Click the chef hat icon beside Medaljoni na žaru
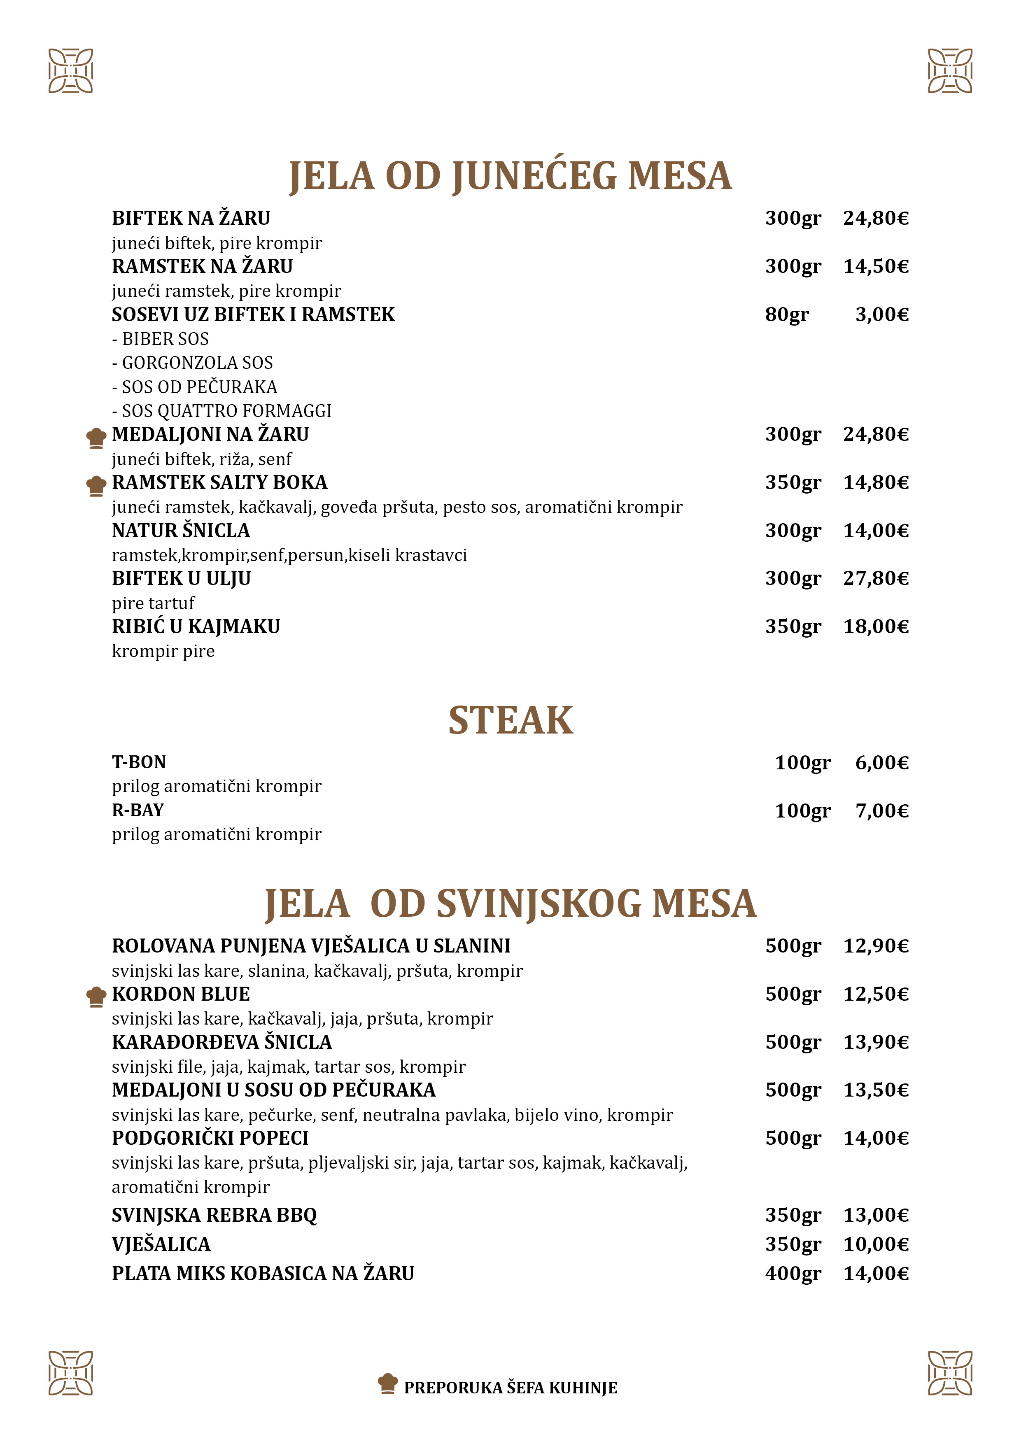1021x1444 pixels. click(96, 438)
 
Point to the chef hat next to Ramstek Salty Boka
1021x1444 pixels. click(96, 486)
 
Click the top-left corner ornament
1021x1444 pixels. click(70, 70)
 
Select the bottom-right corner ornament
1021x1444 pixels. click(950, 1372)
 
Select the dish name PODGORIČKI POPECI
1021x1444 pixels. click(210, 1138)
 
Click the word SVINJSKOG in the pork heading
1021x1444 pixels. click(538, 904)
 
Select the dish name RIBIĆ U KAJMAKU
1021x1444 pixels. click(196, 627)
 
